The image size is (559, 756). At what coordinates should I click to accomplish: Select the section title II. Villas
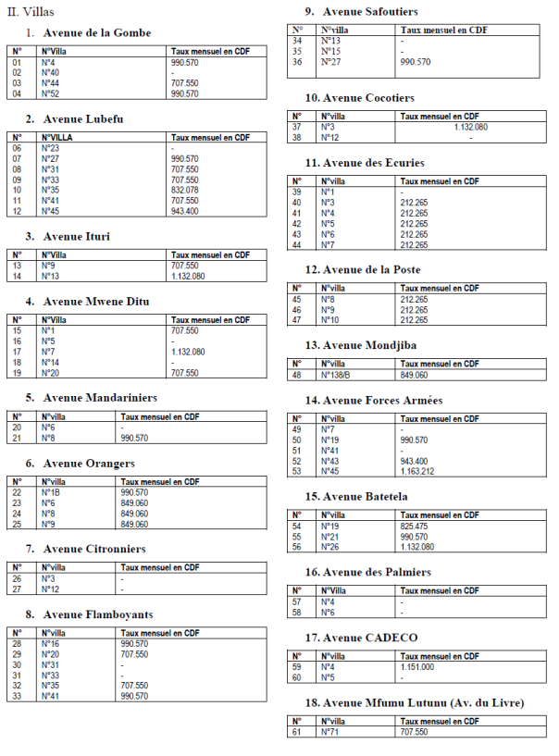pos(31,10)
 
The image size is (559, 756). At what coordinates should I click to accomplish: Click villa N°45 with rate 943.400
pos(51,211)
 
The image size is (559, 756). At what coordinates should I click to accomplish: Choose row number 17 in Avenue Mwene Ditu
pos(18,352)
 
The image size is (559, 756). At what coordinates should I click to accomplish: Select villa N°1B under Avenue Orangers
pos(52,492)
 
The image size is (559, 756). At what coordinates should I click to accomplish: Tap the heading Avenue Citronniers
pos(94,549)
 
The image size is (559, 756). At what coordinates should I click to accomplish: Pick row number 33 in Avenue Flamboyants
pos(18,696)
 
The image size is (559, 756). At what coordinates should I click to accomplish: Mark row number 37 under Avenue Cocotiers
pos(297,127)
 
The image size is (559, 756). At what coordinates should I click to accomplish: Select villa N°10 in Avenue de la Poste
pos(331,319)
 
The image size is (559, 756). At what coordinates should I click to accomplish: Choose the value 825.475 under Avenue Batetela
pos(414,525)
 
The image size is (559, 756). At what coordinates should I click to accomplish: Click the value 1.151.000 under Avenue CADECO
pos(417,666)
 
